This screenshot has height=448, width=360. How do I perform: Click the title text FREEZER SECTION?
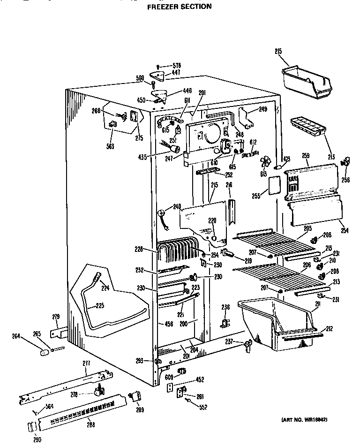click(172, 7)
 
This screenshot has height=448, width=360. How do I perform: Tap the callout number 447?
click(176, 73)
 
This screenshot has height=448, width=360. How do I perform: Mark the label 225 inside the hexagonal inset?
click(99, 305)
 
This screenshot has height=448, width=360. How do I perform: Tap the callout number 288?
click(90, 425)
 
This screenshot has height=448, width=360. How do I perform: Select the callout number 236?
click(225, 307)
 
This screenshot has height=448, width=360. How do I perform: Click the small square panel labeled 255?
click(273, 185)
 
